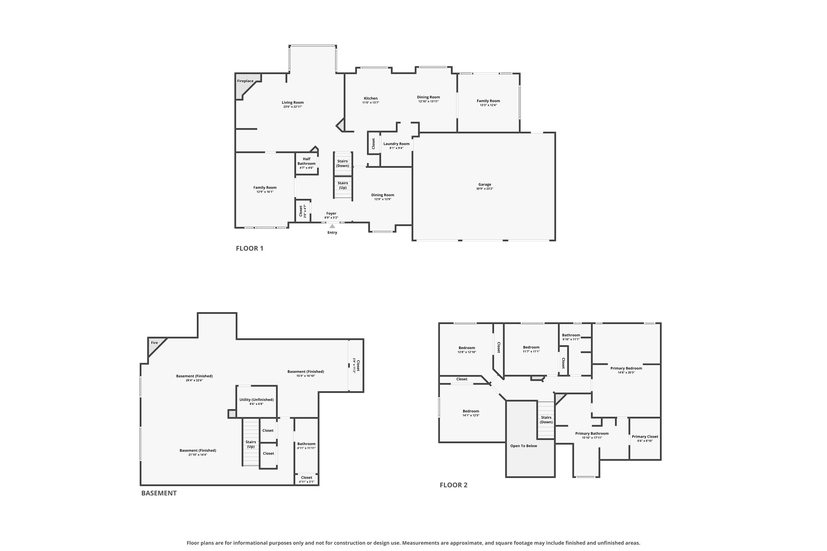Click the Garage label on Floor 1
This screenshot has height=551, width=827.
coord(485,185)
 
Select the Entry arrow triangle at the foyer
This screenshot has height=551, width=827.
coord(332,226)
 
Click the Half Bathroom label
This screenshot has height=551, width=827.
coord(307,161)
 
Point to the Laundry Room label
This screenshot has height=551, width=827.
coord(396,144)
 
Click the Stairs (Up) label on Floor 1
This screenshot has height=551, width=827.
coord(343,185)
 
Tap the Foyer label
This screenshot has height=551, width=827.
coord(331,213)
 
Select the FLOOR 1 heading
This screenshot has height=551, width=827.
coord(250,249)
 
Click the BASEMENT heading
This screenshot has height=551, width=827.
coord(159,493)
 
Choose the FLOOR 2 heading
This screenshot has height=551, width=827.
coord(453,485)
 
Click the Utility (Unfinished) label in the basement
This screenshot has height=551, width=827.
coord(256,399)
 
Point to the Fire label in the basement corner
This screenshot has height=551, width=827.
coord(154,343)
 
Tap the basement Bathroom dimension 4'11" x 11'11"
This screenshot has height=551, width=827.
coord(306,448)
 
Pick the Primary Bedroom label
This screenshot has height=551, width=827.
coord(626,368)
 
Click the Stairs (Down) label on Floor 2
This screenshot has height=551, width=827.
coord(546,420)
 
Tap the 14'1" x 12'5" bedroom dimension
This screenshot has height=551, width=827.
coord(471,415)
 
